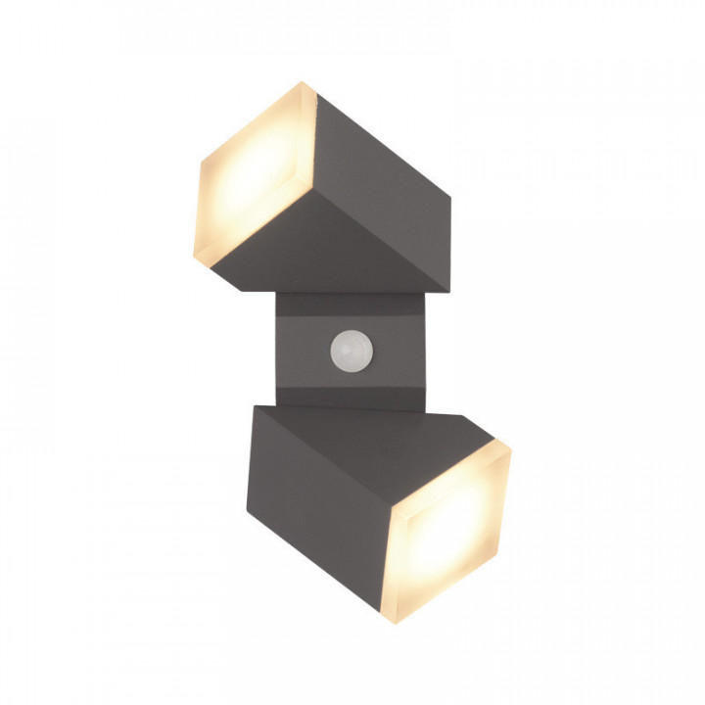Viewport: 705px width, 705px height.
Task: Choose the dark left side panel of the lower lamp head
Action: click(x=313, y=490)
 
